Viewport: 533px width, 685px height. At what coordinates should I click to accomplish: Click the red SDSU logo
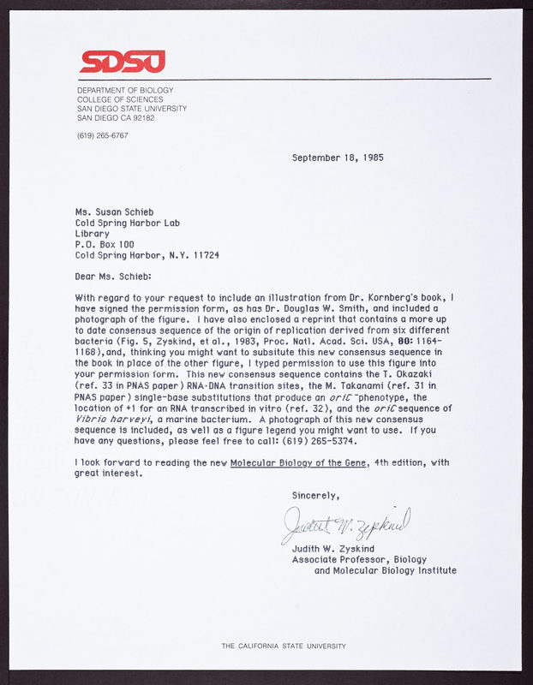122,62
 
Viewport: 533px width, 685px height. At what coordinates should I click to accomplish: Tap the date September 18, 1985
337,158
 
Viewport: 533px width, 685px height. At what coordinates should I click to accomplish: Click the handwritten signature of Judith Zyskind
346,523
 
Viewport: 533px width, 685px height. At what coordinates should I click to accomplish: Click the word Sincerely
315,495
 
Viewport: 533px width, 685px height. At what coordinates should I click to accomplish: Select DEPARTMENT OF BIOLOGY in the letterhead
125,90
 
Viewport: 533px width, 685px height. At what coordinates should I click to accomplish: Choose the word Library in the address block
92,233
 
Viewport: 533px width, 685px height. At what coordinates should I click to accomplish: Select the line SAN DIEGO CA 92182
116,118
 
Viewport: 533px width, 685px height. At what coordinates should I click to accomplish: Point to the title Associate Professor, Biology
360,559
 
